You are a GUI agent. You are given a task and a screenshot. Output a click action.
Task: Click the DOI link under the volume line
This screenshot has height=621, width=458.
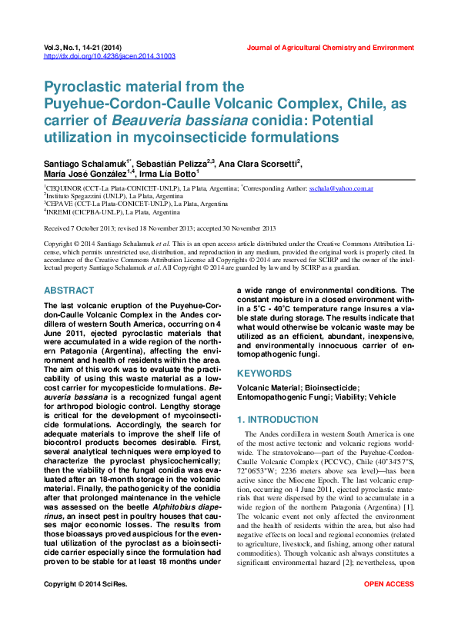point(109,56)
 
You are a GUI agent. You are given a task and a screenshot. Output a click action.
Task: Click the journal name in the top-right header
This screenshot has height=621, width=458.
point(330,48)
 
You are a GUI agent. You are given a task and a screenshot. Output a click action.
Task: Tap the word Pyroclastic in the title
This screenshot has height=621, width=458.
point(80,87)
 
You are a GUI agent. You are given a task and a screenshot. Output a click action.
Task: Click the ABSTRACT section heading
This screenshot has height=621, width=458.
point(69,291)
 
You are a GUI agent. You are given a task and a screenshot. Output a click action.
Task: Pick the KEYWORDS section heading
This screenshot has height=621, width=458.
point(263,373)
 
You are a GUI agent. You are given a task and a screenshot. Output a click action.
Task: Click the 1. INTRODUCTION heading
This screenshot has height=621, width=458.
point(276,420)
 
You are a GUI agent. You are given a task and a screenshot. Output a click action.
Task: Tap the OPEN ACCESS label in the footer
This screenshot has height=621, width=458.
point(389,606)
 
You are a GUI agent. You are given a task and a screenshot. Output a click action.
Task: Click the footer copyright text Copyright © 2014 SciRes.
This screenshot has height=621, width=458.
point(85,606)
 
